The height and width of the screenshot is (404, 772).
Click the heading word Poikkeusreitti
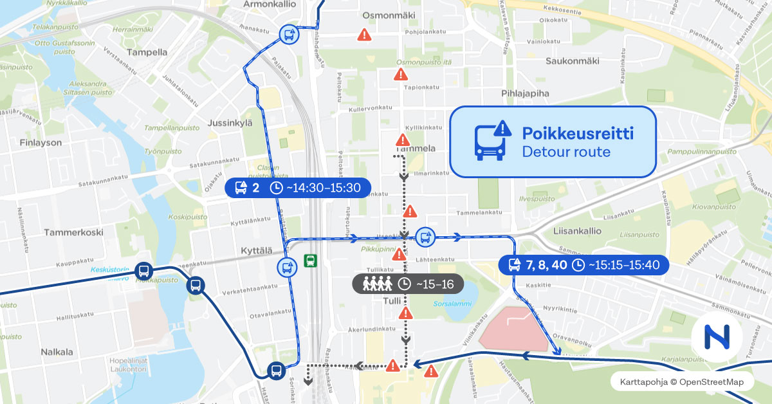pyautogui.click(x=578, y=133)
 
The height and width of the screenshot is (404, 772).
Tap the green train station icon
pyautogui.click(x=311, y=261)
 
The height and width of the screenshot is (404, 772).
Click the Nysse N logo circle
pyautogui.click(x=717, y=336)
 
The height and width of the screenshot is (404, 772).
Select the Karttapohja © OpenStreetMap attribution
pyautogui.click(x=681, y=382)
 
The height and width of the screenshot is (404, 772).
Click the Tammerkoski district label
pyautogui.click(x=74, y=232)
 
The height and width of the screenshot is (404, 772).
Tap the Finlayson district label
pyautogui.click(x=41, y=142)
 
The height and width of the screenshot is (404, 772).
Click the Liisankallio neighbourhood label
pyautogui.click(x=576, y=231)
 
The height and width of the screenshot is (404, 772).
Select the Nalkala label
pyautogui.click(x=57, y=352)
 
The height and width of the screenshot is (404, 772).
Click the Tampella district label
pyautogui.click(x=147, y=52)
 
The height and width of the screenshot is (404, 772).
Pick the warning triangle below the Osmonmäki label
pyautogui.click(x=365, y=35)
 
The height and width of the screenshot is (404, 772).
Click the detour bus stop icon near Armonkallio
pyautogui.click(x=288, y=34)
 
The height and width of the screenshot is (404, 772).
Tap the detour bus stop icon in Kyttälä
pyautogui.click(x=287, y=267)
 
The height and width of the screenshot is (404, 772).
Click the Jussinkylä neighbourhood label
pyautogui.click(x=230, y=122)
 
